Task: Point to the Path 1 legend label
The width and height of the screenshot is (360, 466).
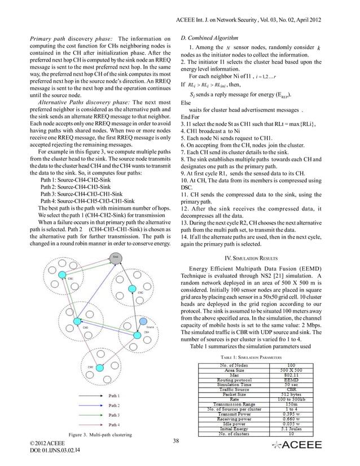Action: coord(115,396)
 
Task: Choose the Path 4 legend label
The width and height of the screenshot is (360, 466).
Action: coord(115,424)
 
